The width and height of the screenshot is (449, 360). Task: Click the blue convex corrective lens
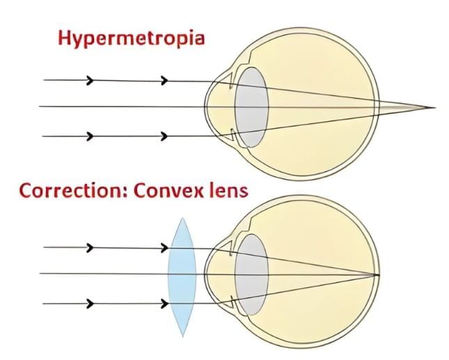[x=182, y=276]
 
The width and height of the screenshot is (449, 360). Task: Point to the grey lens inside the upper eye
[x=252, y=107]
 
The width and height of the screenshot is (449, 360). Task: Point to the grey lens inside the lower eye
[x=252, y=273]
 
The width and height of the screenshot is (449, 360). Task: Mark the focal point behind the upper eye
[x=434, y=108]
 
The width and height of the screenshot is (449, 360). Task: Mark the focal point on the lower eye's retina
[x=377, y=274]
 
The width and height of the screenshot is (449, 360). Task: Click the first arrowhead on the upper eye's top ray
[x=90, y=80]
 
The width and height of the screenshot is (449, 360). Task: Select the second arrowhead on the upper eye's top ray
[x=165, y=80]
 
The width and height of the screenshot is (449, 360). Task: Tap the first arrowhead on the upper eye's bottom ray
[x=90, y=136]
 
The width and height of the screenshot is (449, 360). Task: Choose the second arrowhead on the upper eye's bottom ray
[x=165, y=136]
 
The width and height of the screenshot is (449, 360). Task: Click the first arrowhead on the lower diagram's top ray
[x=90, y=247]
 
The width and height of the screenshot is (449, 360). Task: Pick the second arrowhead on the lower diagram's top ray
[x=165, y=247]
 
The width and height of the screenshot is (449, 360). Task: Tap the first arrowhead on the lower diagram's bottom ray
[x=90, y=304]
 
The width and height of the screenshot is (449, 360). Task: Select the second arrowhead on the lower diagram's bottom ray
[x=165, y=304]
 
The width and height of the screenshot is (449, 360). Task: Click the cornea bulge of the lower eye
[x=211, y=274]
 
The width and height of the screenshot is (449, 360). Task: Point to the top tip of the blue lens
[x=182, y=218]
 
